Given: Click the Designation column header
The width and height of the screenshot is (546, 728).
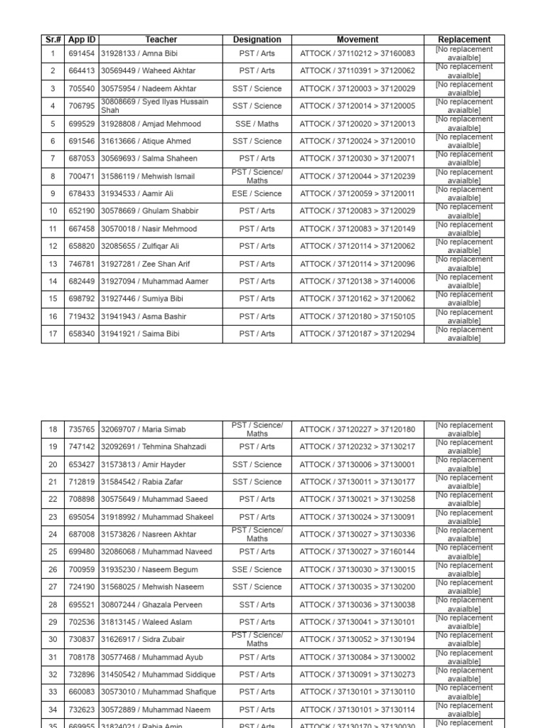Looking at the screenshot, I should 257,40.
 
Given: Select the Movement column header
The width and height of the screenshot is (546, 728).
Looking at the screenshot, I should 358,40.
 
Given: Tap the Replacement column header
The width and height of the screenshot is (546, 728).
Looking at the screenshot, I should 464,40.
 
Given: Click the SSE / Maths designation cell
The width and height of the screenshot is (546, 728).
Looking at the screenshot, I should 257,124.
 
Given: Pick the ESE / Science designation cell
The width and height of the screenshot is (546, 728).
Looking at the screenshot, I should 257,193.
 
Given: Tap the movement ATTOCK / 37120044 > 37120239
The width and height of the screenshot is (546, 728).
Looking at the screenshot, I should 358,176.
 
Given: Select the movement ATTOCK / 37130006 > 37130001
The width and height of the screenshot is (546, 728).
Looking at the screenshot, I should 358,464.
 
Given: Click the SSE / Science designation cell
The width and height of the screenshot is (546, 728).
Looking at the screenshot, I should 257,569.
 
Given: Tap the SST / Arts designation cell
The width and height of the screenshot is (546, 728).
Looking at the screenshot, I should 257,604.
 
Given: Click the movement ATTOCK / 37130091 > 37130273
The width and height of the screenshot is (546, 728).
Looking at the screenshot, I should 358,674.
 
